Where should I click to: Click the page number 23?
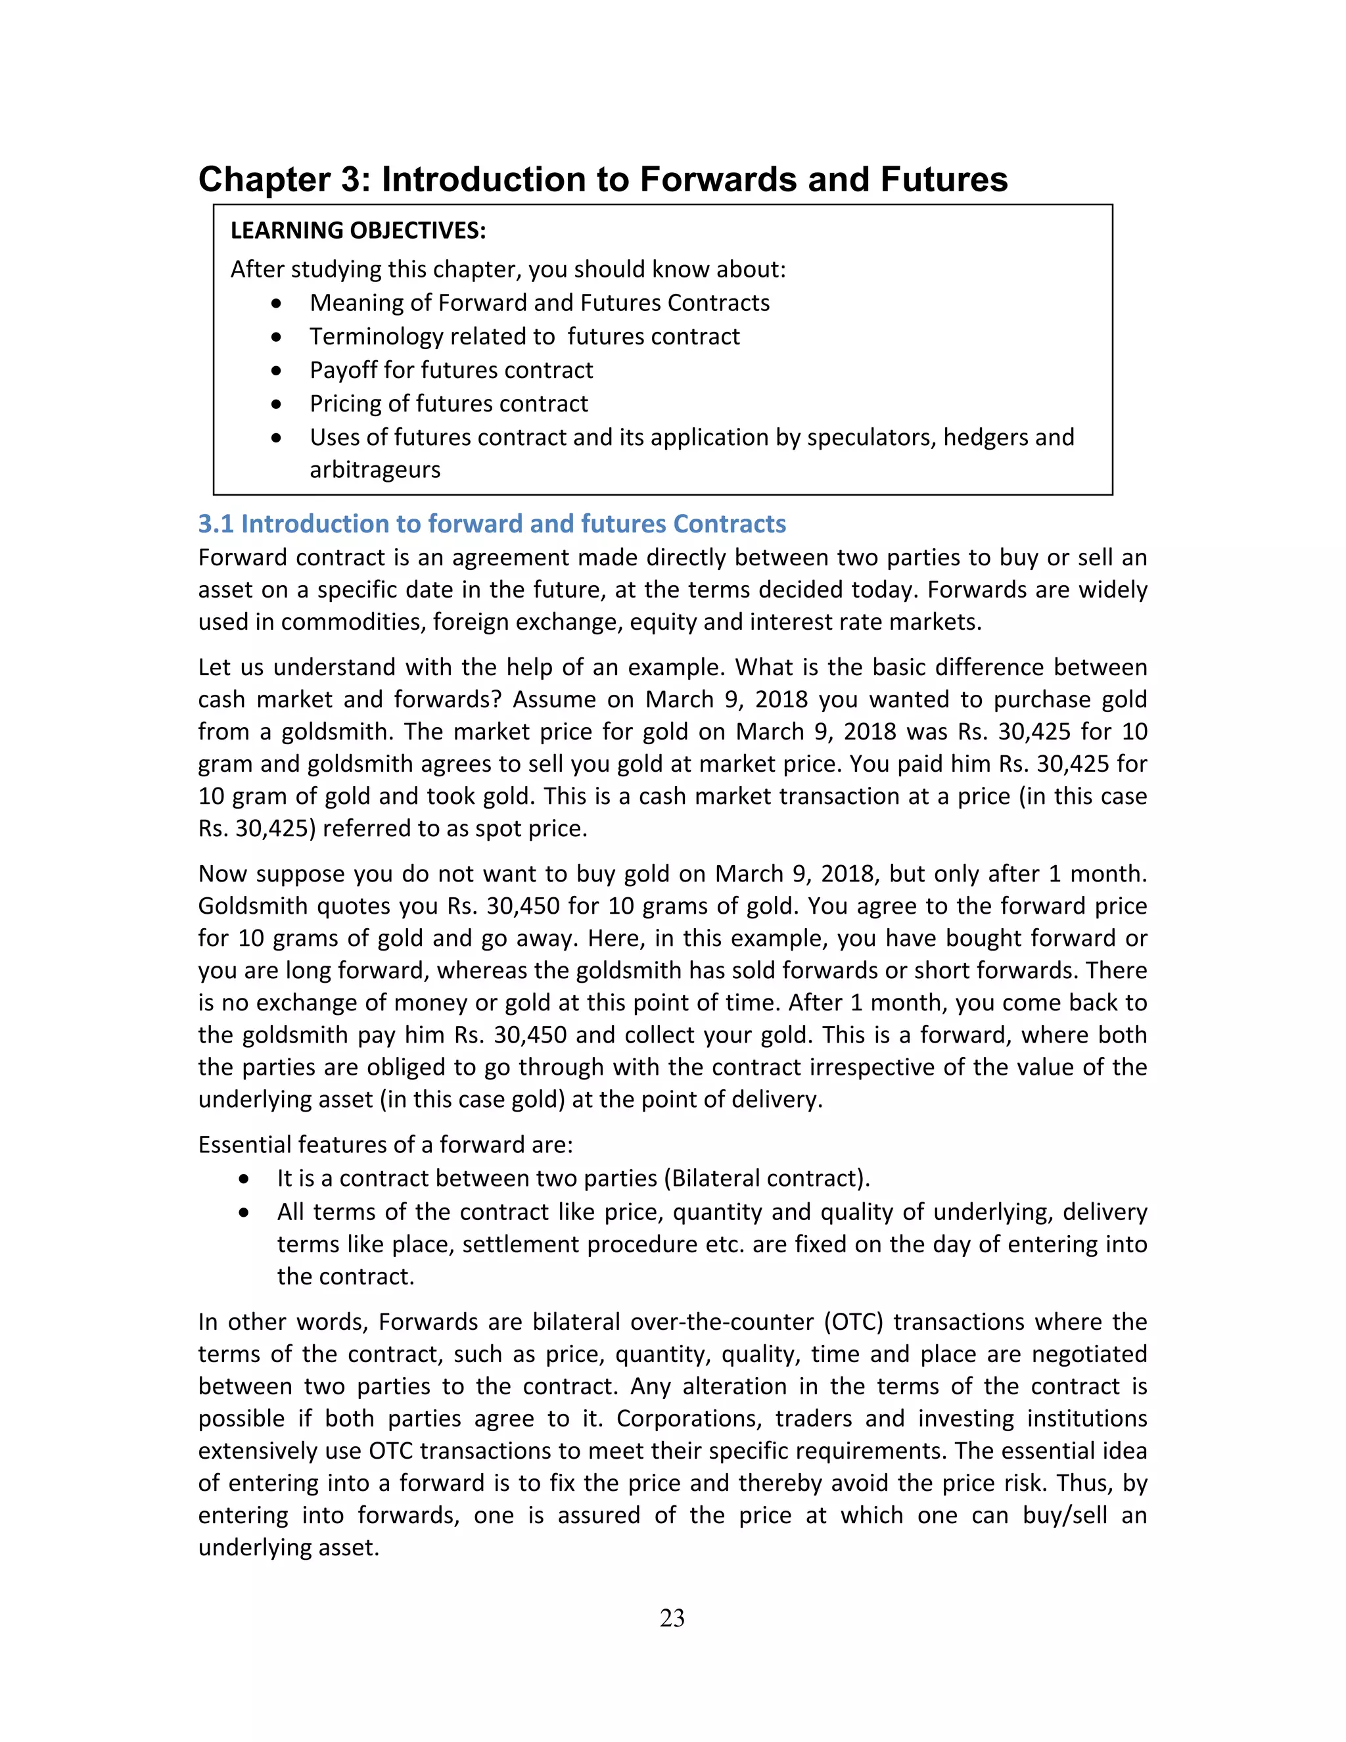672,1618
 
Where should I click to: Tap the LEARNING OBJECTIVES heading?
358,231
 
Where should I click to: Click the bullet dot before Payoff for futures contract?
276,371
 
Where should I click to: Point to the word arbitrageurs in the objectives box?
375,470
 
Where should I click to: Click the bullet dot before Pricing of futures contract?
276,404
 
